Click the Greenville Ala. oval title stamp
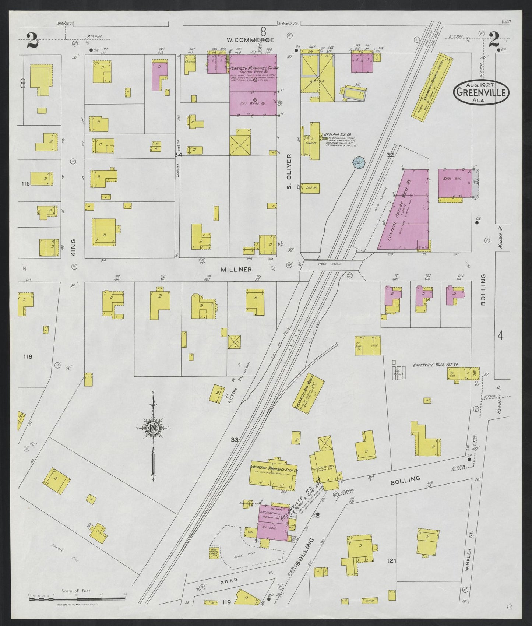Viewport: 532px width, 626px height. click(x=481, y=92)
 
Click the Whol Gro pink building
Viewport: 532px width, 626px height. click(x=455, y=183)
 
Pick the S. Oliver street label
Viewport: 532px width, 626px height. click(x=289, y=172)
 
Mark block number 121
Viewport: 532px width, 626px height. click(x=391, y=561)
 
